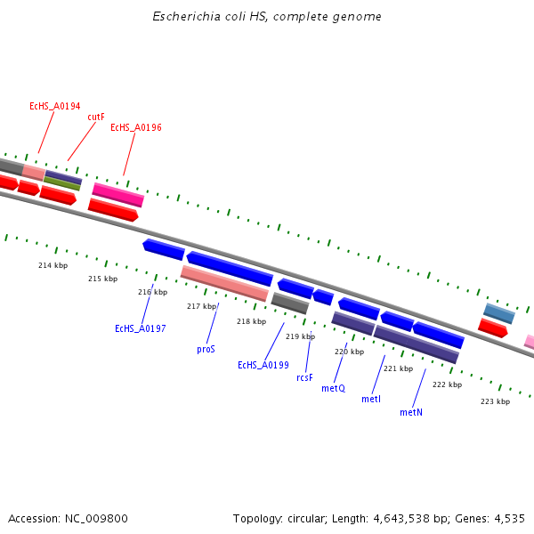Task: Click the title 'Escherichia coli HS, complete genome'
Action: click(267, 17)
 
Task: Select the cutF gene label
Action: click(96, 117)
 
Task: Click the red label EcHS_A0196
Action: click(135, 128)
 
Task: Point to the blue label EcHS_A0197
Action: click(140, 329)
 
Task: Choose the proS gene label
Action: click(206, 350)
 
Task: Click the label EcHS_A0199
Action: click(263, 365)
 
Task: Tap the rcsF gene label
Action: click(304, 377)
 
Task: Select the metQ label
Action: click(333, 389)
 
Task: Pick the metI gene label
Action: click(371, 400)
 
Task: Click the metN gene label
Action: click(410, 413)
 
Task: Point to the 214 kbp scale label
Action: click(53, 266)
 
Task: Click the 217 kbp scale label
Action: click(201, 306)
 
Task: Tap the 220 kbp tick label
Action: click(349, 352)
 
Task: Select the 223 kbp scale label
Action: click(495, 401)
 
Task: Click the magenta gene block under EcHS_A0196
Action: click(117, 194)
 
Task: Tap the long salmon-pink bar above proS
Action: click(224, 283)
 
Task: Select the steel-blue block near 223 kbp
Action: click(499, 313)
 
